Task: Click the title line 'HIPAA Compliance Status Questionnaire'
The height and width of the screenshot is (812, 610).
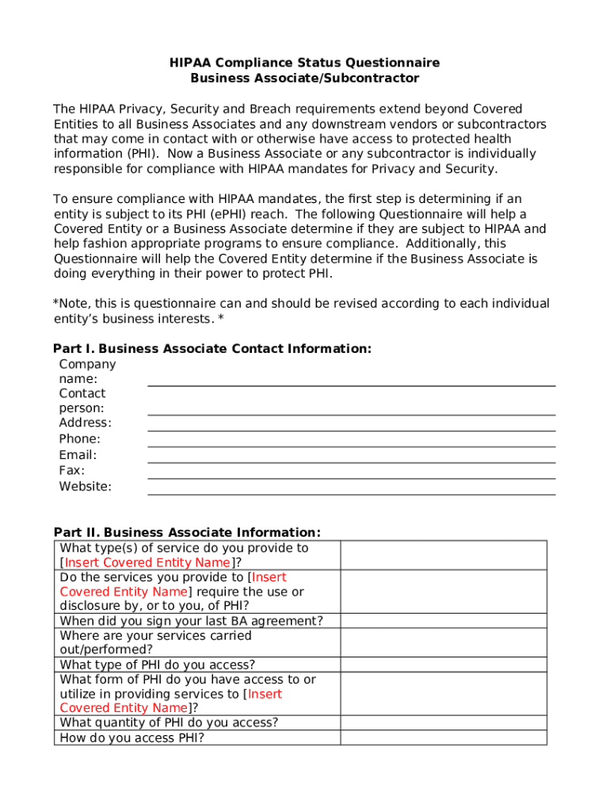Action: click(305, 63)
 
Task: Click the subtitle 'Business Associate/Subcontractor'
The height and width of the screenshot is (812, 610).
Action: click(305, 78)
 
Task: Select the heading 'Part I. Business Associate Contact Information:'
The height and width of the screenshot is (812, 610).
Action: click(212, 349)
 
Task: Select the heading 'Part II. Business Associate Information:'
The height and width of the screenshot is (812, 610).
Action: click(187, 532)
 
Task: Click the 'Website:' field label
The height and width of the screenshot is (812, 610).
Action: click(86, 487)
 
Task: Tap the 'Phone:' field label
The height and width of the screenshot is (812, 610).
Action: click(80, 439)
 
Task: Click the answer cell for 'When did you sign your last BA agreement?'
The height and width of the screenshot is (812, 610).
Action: click(444, 621)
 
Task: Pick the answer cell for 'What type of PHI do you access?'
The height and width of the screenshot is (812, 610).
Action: click(444, 665)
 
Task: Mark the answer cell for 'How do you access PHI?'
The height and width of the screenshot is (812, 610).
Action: click(444, 737)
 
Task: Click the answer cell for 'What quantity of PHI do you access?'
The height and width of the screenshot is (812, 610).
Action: click(444, 722)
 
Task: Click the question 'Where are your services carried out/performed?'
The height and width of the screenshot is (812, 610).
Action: click(156, 642)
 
